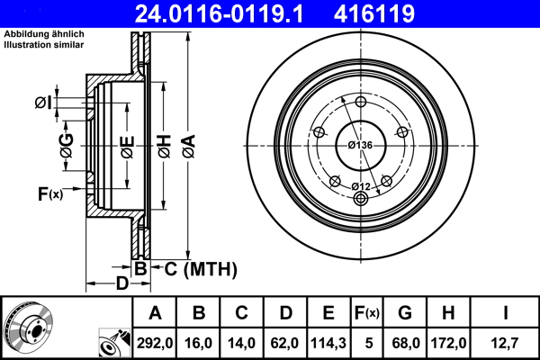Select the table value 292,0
tap(155, 343)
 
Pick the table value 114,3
tap(328, 343)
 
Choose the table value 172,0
tap(451, 343)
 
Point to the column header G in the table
tap(405, 313)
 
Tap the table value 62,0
tap(284, 343)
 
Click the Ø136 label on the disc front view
tap(360, 146)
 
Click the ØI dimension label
tap(42, 103)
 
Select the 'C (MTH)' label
tap(193, 268)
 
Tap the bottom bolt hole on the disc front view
tap(360, 199)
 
